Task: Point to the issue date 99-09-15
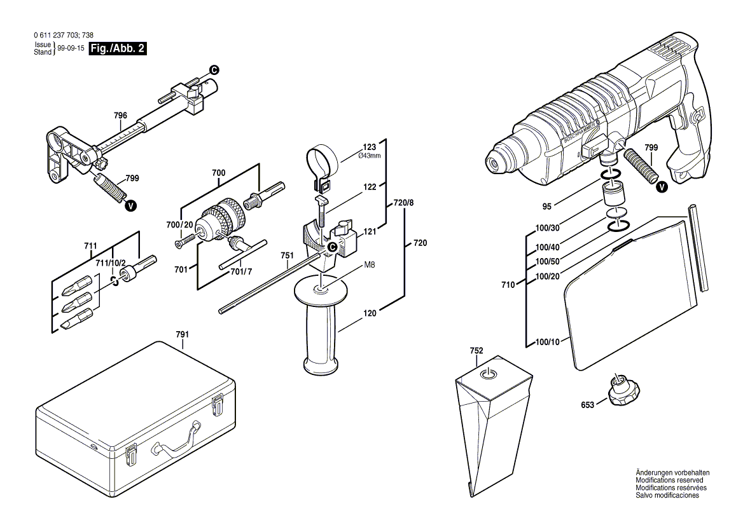click(71, 48)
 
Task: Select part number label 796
click(120, 116)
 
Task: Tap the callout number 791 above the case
click(183, 334)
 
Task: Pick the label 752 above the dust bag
click(476, 351)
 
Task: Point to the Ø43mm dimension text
click(370, 156)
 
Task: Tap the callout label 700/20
click(179, 225)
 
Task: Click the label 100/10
click(547, 343)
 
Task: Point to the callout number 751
click(287, 256)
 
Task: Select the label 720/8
click(403, 203)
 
